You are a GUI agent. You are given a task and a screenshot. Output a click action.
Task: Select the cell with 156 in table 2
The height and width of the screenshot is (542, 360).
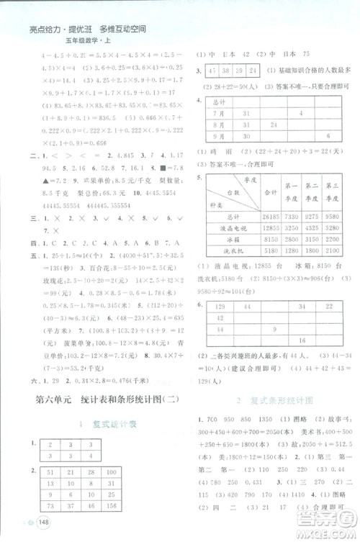(115, 507)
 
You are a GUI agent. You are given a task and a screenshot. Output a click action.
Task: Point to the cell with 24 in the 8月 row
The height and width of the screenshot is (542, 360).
(274, 125)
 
